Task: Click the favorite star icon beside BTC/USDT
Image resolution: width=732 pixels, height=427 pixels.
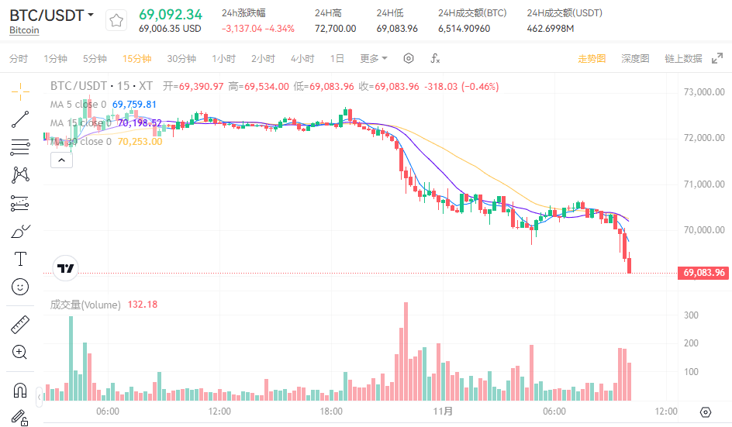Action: pos(116,21)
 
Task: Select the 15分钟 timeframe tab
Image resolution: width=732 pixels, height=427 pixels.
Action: pos(136,59)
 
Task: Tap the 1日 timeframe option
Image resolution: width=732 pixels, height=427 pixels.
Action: pos(337,59)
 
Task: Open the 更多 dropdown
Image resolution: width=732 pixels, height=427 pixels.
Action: pos(374,59)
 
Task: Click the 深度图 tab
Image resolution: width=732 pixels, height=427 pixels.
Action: pos(635,59)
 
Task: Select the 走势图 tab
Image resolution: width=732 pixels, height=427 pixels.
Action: pos(592,59)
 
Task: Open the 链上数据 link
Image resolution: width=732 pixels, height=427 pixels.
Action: pos(683,59)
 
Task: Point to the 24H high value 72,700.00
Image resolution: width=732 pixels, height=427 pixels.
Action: pos(335,29)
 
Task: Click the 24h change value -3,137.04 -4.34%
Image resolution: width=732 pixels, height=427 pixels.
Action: pos(258,29)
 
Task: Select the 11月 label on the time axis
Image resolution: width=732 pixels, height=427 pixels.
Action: pos(444,412)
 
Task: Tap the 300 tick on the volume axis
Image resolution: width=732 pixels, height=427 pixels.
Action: pos(691,315)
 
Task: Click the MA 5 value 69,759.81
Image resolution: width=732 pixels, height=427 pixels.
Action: pos(134,105)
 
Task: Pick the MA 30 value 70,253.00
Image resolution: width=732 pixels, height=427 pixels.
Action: pos(140,142)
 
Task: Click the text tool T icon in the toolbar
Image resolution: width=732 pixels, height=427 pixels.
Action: pos(21,258)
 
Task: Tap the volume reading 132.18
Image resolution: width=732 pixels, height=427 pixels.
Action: pos(142,305)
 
